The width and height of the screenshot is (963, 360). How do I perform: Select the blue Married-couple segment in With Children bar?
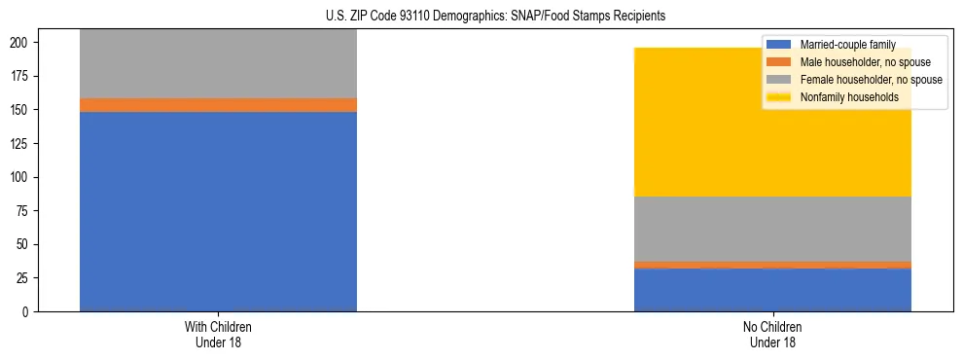218,211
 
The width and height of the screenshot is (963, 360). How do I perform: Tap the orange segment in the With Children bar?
218,105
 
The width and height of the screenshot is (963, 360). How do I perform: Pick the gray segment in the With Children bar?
218,64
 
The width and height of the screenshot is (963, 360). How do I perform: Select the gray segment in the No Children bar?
772,229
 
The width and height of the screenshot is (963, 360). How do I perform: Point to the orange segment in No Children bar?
772,265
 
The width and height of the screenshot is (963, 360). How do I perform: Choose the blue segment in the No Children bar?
772,290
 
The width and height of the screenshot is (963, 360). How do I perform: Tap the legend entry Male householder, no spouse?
858,62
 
